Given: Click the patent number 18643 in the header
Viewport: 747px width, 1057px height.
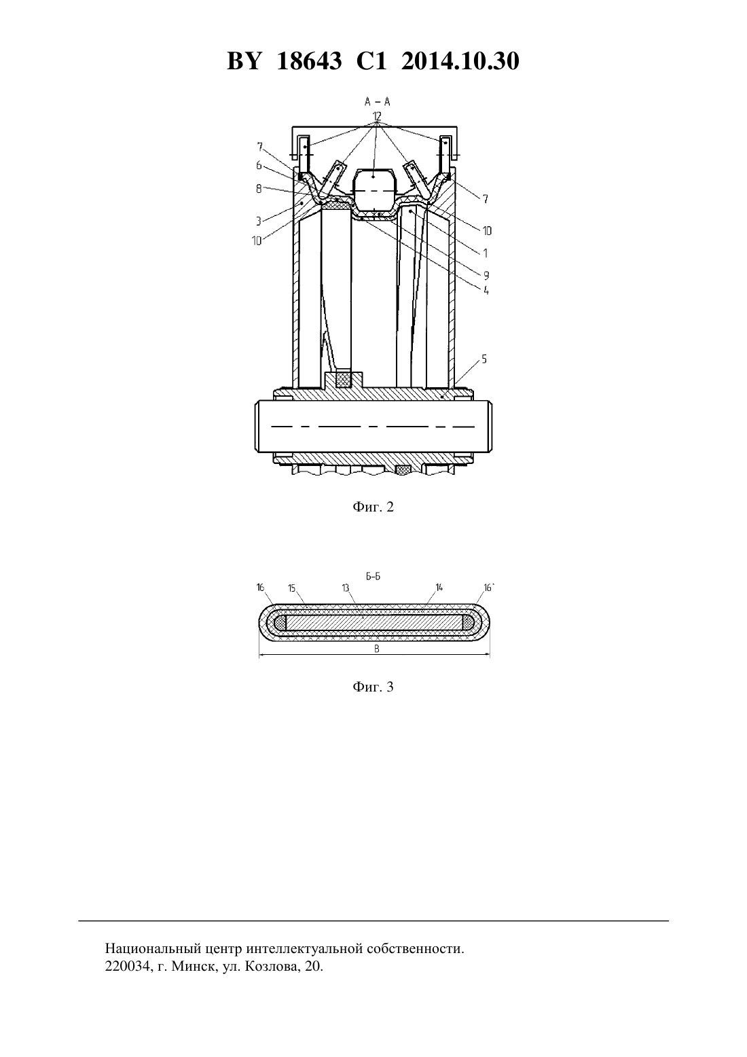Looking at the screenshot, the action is [309, 61].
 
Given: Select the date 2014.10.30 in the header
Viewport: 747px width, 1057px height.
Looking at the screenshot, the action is [460, 61].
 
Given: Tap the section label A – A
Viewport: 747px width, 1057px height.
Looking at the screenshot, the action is [378, 101].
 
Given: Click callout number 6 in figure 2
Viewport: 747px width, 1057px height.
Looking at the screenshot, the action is [259, 166].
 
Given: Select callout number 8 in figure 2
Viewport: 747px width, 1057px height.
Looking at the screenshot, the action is [259, 189].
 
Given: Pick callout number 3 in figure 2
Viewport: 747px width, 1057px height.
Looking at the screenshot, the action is [259, 221].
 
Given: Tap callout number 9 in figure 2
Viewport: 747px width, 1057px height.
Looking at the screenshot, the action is [486, 276].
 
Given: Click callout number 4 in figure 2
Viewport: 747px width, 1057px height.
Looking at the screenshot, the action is [486, 290].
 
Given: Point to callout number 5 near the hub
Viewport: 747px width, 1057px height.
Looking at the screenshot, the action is [484, 359].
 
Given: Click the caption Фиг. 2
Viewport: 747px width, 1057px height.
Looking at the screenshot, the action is [373, 507].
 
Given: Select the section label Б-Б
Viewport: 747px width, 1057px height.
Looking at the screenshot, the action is [373, 576].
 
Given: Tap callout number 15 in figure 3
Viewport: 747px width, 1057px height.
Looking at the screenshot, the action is [291, 588].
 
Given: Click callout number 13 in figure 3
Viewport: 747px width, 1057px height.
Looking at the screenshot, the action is [346, 588].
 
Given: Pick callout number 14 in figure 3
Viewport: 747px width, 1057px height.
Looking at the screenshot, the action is [439, 588].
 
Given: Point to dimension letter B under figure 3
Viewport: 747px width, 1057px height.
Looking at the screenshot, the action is [377, 649].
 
